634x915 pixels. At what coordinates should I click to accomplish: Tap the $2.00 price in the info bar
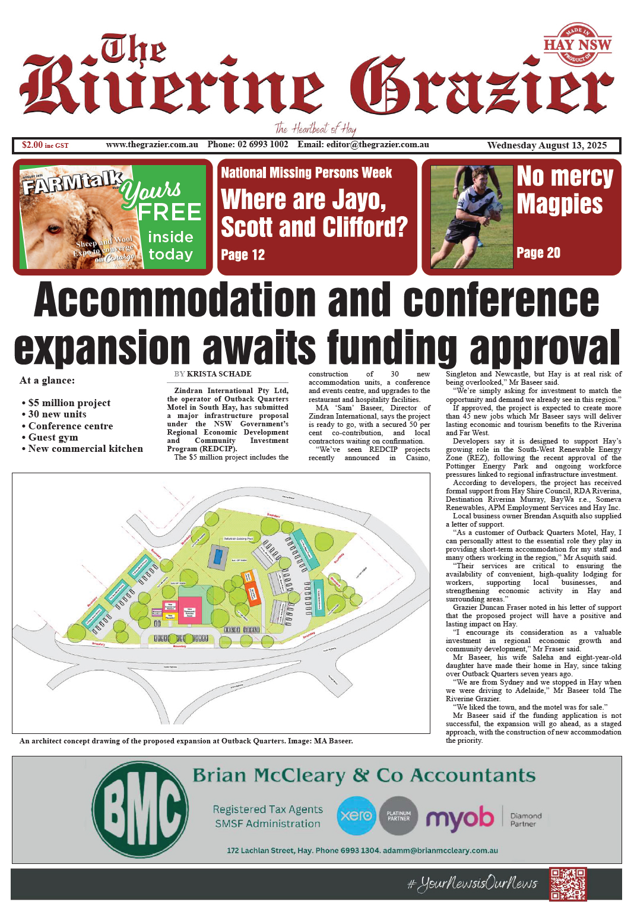click(32, 145)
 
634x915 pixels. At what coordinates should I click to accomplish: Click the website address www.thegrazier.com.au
click(152, 145)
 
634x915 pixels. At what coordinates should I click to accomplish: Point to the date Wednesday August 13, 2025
click(547, 145)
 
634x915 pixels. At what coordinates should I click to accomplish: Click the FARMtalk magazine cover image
click(77, 217)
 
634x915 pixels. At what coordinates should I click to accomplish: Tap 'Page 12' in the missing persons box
click(243, 255)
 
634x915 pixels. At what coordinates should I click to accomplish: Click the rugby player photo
click(471, 217)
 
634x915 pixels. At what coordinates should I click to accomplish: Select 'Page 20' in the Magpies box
click(538, 253)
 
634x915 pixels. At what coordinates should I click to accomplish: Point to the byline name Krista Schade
click(219, 374)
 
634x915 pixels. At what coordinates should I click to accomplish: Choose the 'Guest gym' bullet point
click(53, 437)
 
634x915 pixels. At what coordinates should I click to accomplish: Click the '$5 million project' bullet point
click(69, 403)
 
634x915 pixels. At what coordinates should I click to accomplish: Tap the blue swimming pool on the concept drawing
click(218, 557)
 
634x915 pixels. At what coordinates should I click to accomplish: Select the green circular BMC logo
click(141, 809)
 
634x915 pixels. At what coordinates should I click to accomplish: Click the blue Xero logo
click(356, 816)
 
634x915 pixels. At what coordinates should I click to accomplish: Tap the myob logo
click(459, 818)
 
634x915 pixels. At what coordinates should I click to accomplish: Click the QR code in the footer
click(568, 884)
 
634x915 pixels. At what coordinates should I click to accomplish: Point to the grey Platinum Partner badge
click(398, 816)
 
